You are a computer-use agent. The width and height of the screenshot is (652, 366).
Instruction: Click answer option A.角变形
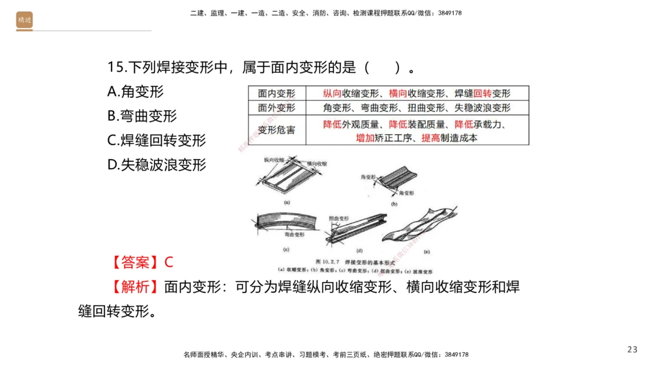point(136,92)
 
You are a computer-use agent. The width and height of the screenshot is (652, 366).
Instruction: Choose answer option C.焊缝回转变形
point(156,140)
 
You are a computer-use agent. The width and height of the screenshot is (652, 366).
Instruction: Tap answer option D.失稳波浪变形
point(156,165)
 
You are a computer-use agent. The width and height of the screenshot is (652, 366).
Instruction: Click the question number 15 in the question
point(115,67)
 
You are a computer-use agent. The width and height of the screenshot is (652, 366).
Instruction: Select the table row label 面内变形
point(276,94)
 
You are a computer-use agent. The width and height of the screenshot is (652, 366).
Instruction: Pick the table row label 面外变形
point(276,108)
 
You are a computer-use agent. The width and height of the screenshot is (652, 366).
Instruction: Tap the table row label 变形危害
point(276,130)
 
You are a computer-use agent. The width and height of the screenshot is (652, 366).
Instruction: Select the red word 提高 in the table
point(431,138)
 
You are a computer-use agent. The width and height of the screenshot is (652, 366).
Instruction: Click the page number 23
point(632,350)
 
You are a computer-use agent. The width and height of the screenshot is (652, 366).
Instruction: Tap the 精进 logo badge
point(24,21)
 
